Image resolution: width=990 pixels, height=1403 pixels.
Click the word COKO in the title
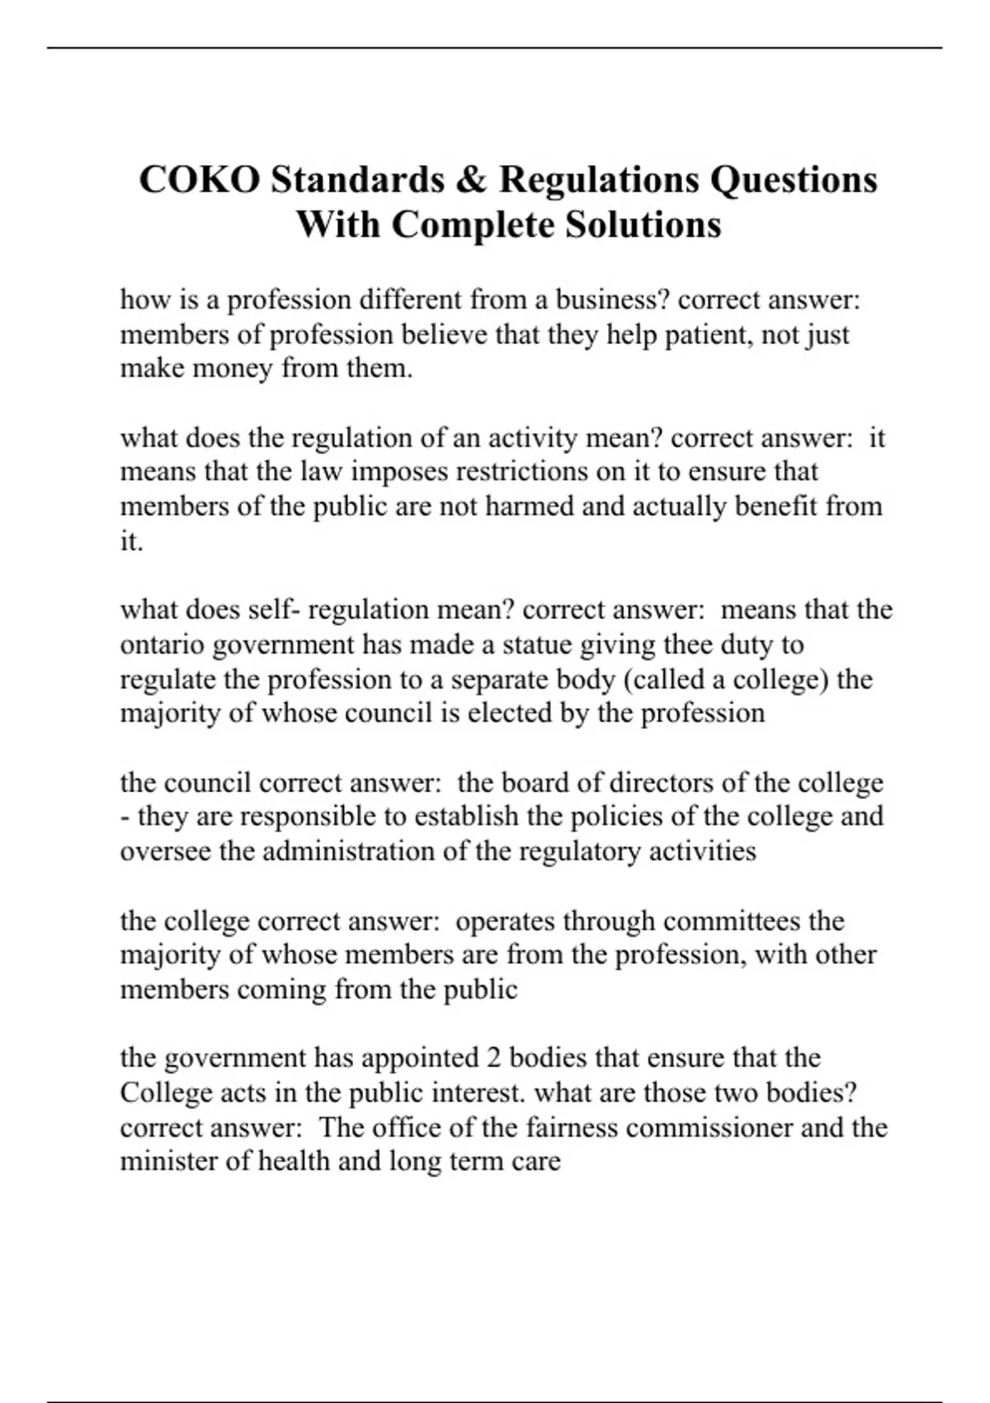tap(199, 179)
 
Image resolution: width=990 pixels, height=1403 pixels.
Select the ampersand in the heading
tap(469, 179)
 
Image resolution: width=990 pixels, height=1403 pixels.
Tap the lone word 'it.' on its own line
tap(132, 541)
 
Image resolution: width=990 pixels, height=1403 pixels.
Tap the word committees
tap(731, 920)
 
